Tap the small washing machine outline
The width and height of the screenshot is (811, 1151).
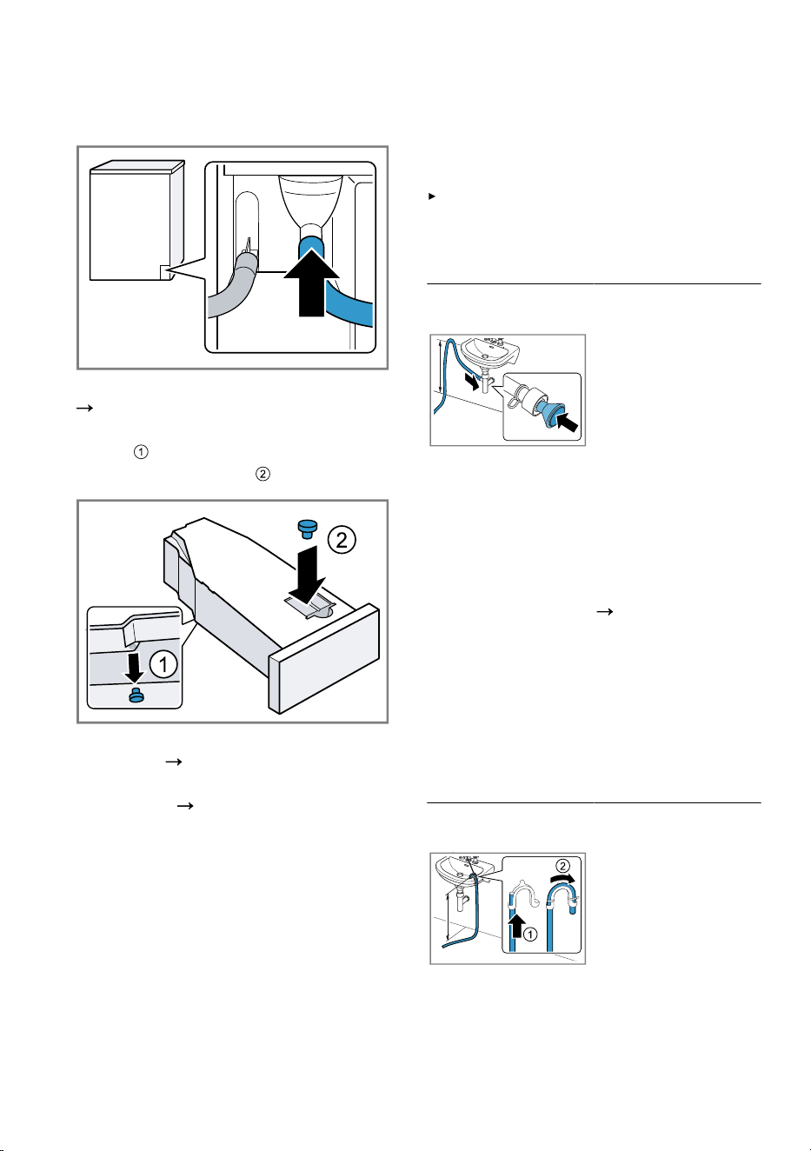coord(137,221)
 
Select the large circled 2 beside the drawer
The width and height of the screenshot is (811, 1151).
coord(342,540)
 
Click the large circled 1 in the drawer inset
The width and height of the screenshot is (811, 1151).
coord(163,664)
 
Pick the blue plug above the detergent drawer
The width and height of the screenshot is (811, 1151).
coord(308,529)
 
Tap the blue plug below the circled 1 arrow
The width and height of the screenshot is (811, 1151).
coord(136,695)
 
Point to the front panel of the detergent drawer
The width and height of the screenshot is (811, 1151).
coord(323,659)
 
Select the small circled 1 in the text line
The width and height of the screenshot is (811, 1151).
coord(141,452)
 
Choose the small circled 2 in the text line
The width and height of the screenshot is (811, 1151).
coord(263,473)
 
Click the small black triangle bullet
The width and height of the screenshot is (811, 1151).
coord(432,196)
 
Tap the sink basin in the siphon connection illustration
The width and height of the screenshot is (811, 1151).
coord(490,351)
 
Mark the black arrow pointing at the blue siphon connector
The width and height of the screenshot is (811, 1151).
coord(568,420)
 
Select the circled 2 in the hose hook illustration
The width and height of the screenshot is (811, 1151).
coord(563,867)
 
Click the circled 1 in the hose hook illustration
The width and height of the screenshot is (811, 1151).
coord(530,934)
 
